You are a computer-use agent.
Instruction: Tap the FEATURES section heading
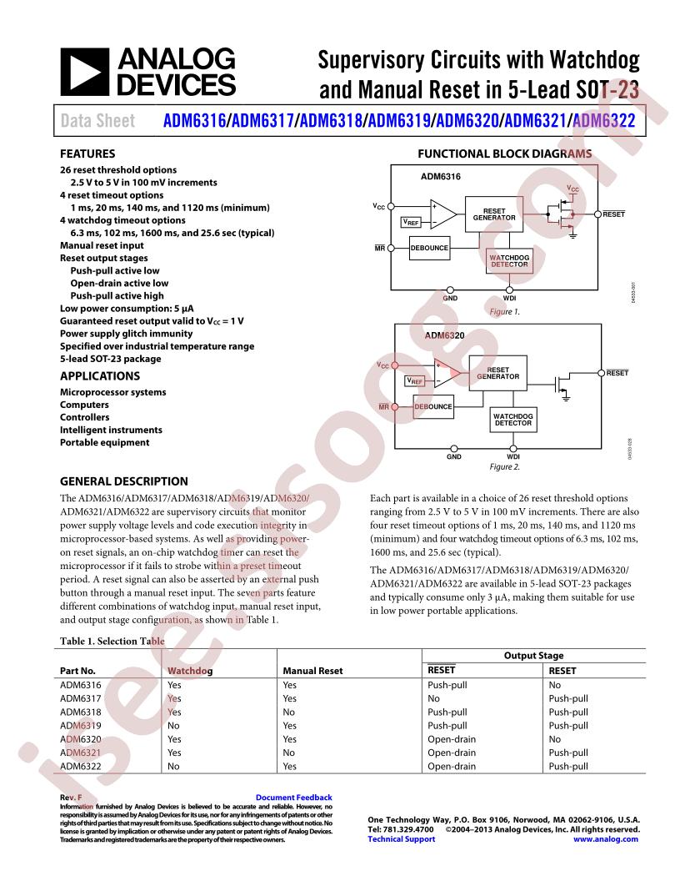tap(87, 154)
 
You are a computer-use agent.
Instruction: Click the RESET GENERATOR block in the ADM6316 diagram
tap(494, 214)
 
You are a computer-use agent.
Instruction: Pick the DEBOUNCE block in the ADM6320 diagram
tap(433, 407)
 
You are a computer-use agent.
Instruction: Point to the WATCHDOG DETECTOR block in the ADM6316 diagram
tap(509, 261)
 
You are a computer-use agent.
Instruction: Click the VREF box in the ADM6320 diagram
tap(414, 380)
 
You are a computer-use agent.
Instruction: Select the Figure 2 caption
tap(504, 467)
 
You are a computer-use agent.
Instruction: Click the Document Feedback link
tap(293, 798)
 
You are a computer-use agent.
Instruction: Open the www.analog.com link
tap(607, 839)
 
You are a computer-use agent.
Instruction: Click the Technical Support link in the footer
tap(401, 839)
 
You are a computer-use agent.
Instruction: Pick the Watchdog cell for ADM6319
tap(174, 726)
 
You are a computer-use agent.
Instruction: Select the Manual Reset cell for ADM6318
tap(289, 712)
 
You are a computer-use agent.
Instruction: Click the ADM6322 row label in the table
tap(81, 766)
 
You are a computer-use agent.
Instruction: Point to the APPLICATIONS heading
tap(99, 376)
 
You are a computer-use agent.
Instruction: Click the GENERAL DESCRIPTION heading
tap(123, 481)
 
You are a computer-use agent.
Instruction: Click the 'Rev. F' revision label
tap(71, 798)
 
